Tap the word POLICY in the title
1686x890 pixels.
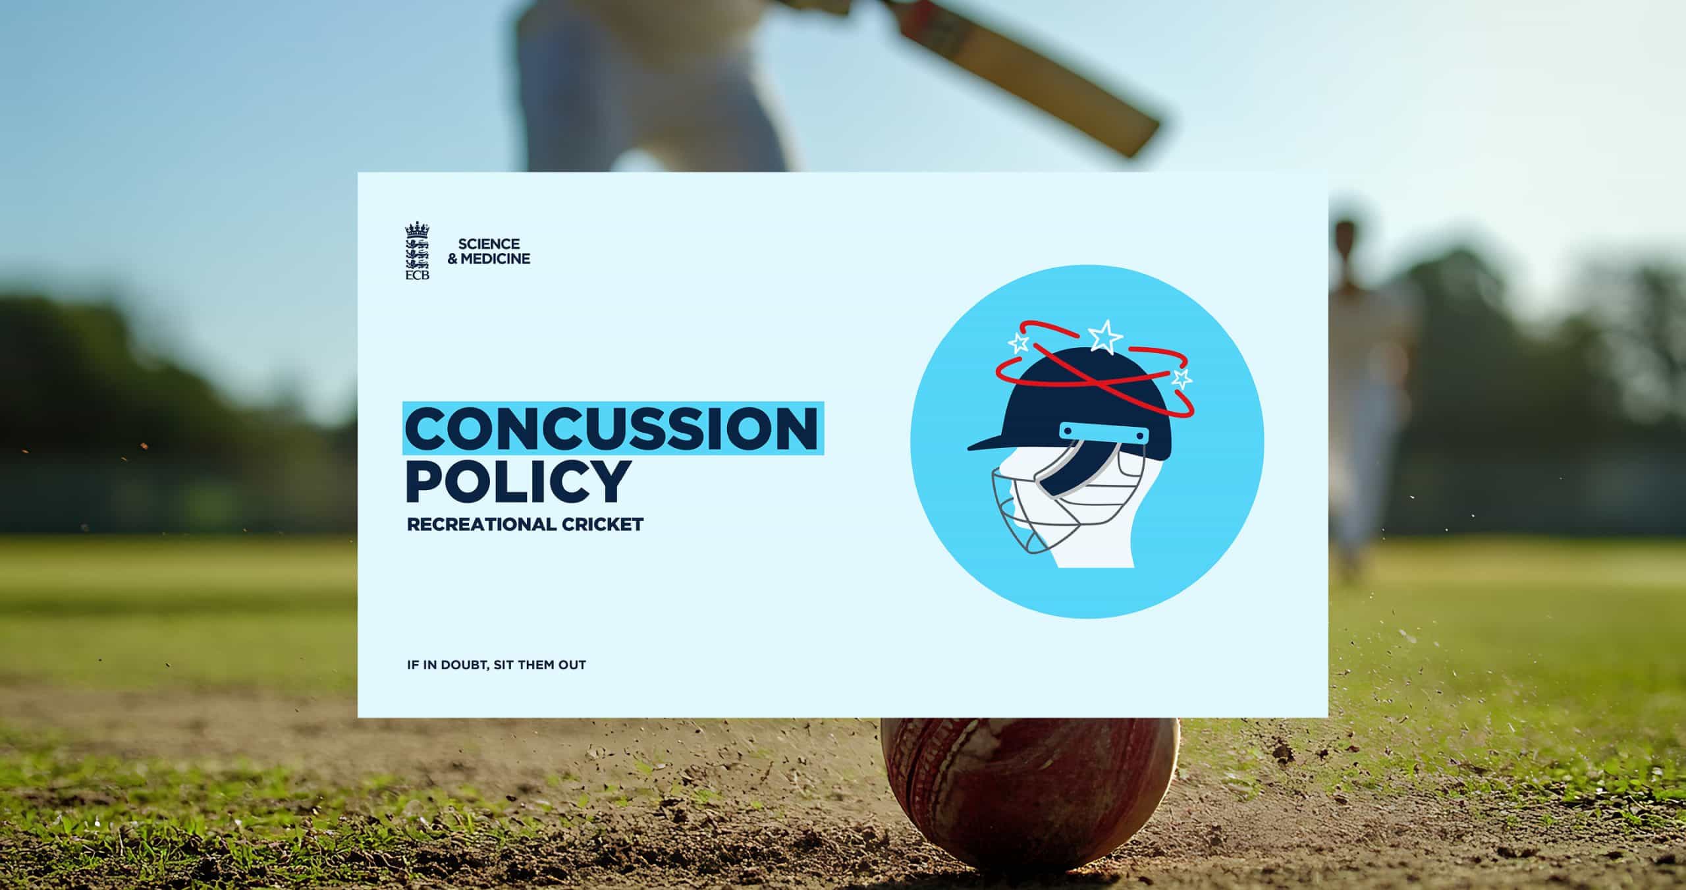[518, 481]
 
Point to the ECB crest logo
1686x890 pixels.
[417, 251]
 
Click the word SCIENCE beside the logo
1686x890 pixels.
[489, 244]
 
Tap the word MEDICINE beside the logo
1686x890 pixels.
[495, 259]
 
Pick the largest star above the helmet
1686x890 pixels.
[1104, 336]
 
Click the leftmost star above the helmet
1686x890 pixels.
[1019, 343]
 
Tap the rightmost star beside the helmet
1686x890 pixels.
[1182, 378]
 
